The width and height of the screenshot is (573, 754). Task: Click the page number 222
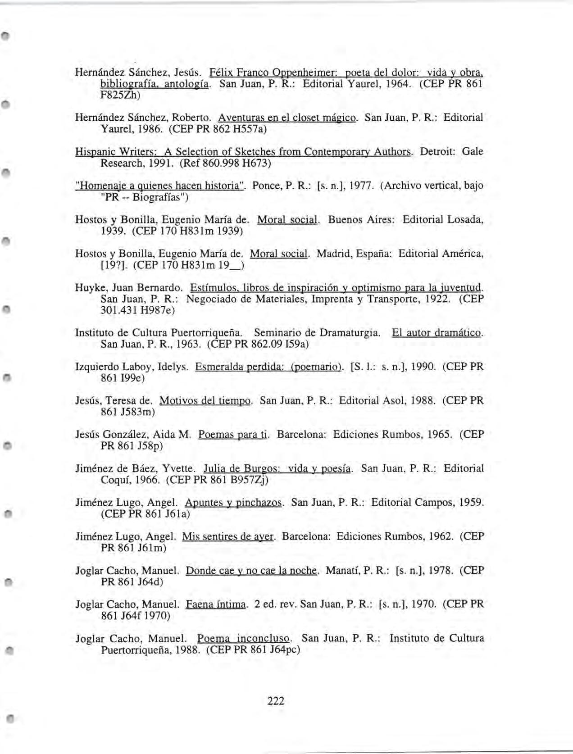(x=276, y=701)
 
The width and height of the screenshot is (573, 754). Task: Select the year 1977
(x=360, y=186)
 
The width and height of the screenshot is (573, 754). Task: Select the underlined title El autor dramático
(x=437, y=333)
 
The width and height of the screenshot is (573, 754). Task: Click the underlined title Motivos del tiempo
(x=205, y=400)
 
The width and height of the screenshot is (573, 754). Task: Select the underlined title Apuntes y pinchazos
(x=234, y=502)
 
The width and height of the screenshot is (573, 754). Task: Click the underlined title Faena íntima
(x=216, y=604)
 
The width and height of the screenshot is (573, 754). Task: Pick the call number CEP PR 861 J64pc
(x=253, y=650)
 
